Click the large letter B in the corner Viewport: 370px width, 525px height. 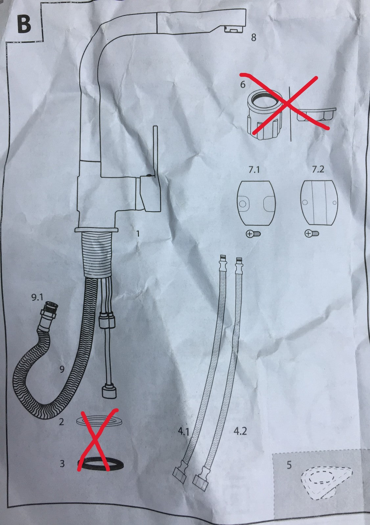(24, 25)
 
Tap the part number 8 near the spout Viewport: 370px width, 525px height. (254, 37)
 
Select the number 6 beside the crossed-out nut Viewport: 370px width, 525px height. (243, 84)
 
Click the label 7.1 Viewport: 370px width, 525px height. (254, 169)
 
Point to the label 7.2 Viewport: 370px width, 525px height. (318, 169)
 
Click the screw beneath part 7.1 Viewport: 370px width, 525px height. (253, 233)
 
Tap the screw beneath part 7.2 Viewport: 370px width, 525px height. (312, 233)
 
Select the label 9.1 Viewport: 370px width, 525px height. (37, 297)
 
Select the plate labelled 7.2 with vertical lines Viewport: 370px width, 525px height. (319, 203)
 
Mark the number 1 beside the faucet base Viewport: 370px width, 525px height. (138, 233)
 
